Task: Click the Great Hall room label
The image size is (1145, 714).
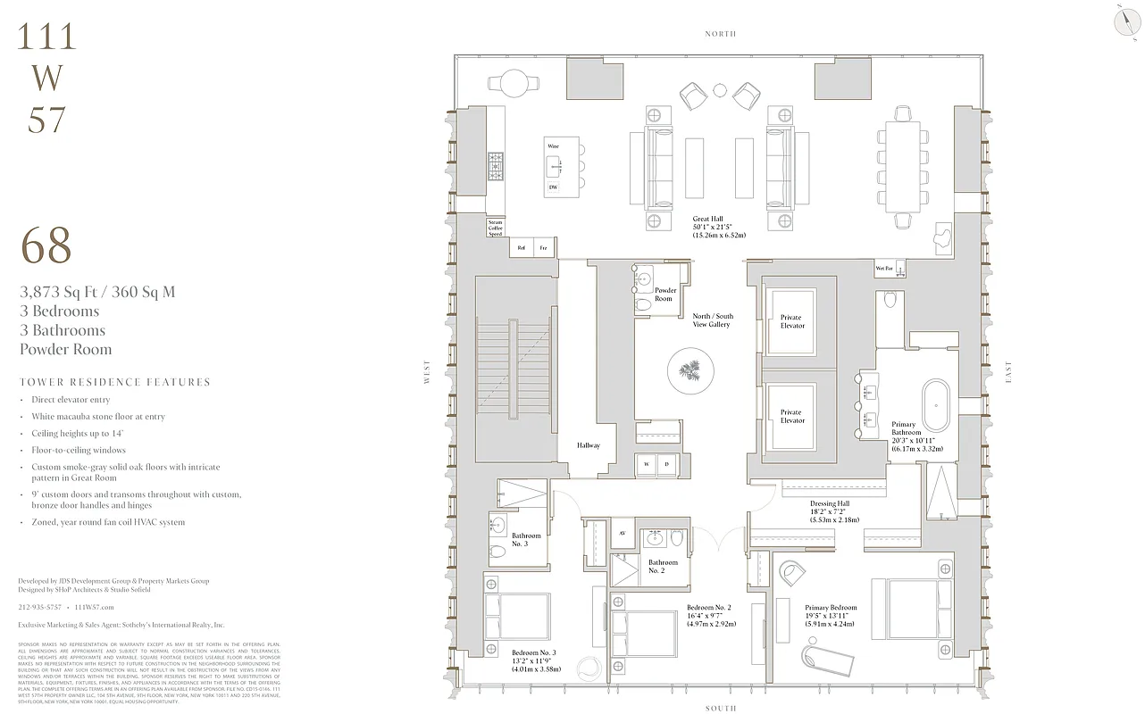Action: [x=719, y=227]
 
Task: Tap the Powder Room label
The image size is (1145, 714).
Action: [x=665, y=295]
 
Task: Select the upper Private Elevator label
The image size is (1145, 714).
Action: [x=791, y=321]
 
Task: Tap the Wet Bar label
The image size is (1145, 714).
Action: [x=884, y=268]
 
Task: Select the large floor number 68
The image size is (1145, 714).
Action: [x=46, y=246]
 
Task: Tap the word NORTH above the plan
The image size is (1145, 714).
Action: [x=719, y=34]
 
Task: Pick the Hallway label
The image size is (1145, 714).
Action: [x=588, y=445]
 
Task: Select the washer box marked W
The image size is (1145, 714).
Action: [x=646, y=464]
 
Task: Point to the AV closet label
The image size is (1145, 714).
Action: [x=623, y=533]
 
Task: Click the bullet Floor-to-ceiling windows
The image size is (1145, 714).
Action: [x=79, y=451]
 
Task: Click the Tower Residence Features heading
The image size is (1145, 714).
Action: [x=114, y=382]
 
